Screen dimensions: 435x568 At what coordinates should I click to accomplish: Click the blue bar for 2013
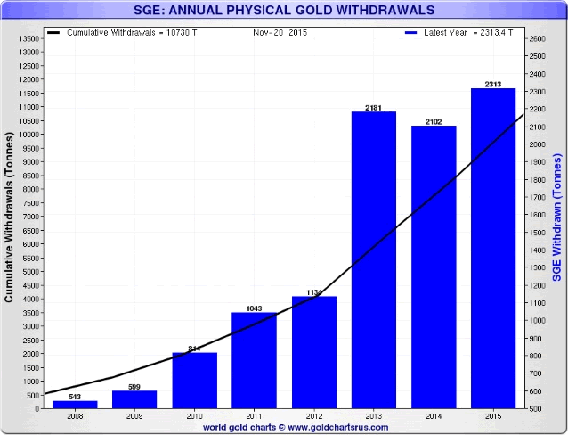point(373,259)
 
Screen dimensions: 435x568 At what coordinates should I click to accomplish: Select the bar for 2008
point(75,404)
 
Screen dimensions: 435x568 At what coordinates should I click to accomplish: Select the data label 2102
point(434,120)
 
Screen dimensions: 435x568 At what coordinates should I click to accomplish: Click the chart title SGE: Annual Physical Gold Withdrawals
point(283,11)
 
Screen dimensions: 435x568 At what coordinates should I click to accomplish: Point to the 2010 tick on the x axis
point(195,417)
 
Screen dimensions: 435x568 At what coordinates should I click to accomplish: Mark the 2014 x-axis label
point(434,417)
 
